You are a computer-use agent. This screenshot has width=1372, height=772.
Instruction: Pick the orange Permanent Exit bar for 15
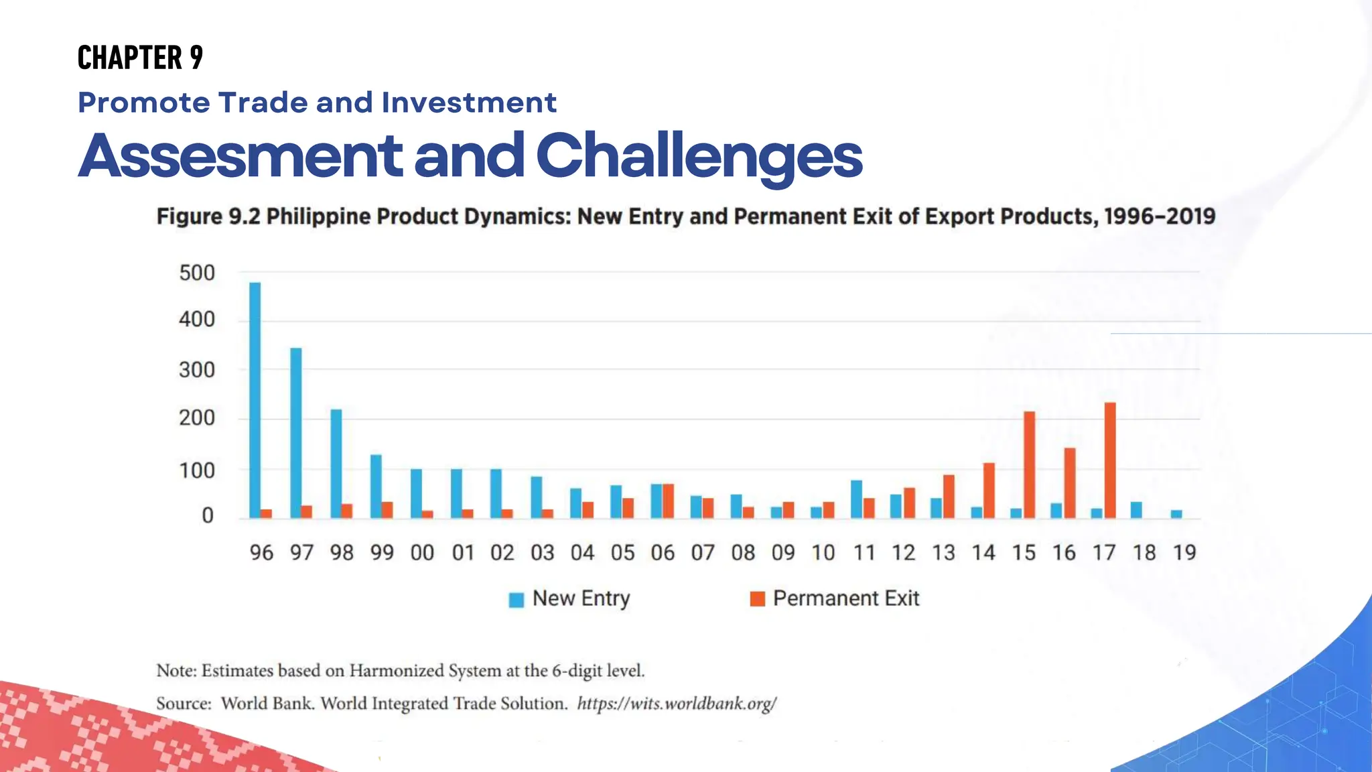coord(1030,465)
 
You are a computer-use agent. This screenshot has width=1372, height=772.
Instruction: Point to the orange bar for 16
coord(1070,483)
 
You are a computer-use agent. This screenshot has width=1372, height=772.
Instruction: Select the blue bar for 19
coord(1176,514)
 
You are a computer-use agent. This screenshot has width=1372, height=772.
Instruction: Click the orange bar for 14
coord(989,491)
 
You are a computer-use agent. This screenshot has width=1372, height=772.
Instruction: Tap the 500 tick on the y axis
coord(197,273)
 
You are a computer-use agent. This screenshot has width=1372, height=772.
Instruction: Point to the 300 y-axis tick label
coord(197,370)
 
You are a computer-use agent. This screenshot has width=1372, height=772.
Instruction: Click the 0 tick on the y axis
coord(208,515)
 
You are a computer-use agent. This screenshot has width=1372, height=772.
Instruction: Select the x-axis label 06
coord(663,553)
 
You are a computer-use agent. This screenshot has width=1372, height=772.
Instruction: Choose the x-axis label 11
coord(864,553)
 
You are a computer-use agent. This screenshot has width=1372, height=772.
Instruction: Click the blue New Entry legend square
coord(516,600)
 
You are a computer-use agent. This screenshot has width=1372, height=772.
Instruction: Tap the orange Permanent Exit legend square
coord(758,599)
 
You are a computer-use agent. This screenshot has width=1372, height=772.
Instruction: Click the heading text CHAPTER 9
coord(140,58)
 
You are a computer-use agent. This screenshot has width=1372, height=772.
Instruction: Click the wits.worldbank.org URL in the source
coord(677,704)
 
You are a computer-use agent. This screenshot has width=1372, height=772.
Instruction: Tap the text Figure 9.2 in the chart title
coord(208,216)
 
